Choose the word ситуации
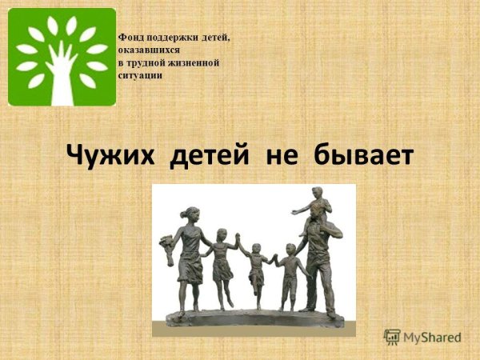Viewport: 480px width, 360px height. pos(140,75)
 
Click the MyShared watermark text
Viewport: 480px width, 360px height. pos(433,338)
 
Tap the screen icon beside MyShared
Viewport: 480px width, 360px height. pos(392,338)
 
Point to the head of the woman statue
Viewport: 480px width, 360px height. pos(190,214)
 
